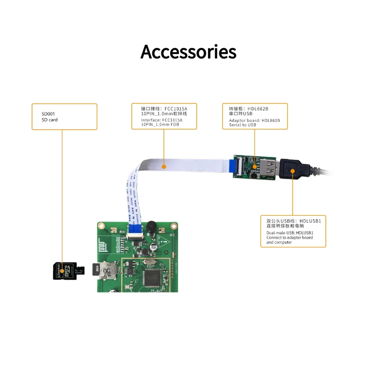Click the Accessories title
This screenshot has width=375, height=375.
(188, 52)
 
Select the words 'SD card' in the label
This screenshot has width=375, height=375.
(50, 120)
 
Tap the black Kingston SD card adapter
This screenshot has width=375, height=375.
(64, 271)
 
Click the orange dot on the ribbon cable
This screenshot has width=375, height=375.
(164, 166)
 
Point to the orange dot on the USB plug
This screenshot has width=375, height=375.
(292, 171)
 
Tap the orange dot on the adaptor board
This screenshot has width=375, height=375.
(255, 166)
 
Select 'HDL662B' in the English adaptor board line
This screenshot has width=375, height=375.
(270, 120)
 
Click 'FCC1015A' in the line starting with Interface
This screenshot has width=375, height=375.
(171, 120)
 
